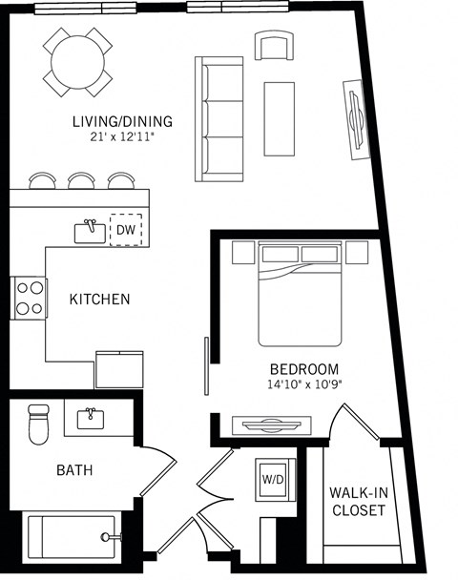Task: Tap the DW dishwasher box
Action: pos(125,230)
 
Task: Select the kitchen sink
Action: pos(91,230)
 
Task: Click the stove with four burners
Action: pos(29,297)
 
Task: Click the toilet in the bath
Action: pos(38,424)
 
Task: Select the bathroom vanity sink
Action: pos(92,417)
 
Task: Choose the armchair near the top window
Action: pos(276,45)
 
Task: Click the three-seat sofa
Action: pos(219,118)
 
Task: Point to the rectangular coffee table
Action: pos(281,117)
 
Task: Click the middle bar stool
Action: pos(81,180)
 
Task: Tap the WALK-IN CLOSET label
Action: pos(357,502)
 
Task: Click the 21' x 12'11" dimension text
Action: pos(122,137)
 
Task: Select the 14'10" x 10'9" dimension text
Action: pos(303,384)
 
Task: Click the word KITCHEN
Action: pos(99,300)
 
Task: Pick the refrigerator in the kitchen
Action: pos(119,368)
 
